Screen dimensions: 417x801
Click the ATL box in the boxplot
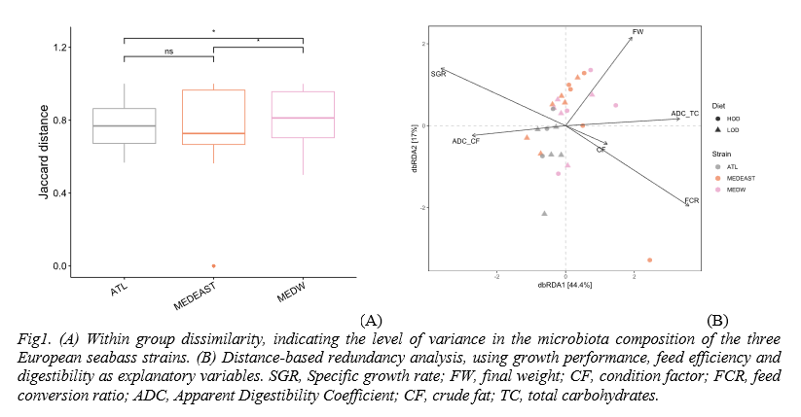124,125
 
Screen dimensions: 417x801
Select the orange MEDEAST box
213,117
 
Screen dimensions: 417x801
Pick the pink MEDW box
303,115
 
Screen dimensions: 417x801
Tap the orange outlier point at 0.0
213,266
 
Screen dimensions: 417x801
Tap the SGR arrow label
437,74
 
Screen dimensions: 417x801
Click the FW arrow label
638,32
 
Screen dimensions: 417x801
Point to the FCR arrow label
692,199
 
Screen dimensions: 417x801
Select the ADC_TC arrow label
685,114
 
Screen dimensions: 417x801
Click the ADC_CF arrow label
465,142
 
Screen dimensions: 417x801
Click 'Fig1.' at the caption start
34,338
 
